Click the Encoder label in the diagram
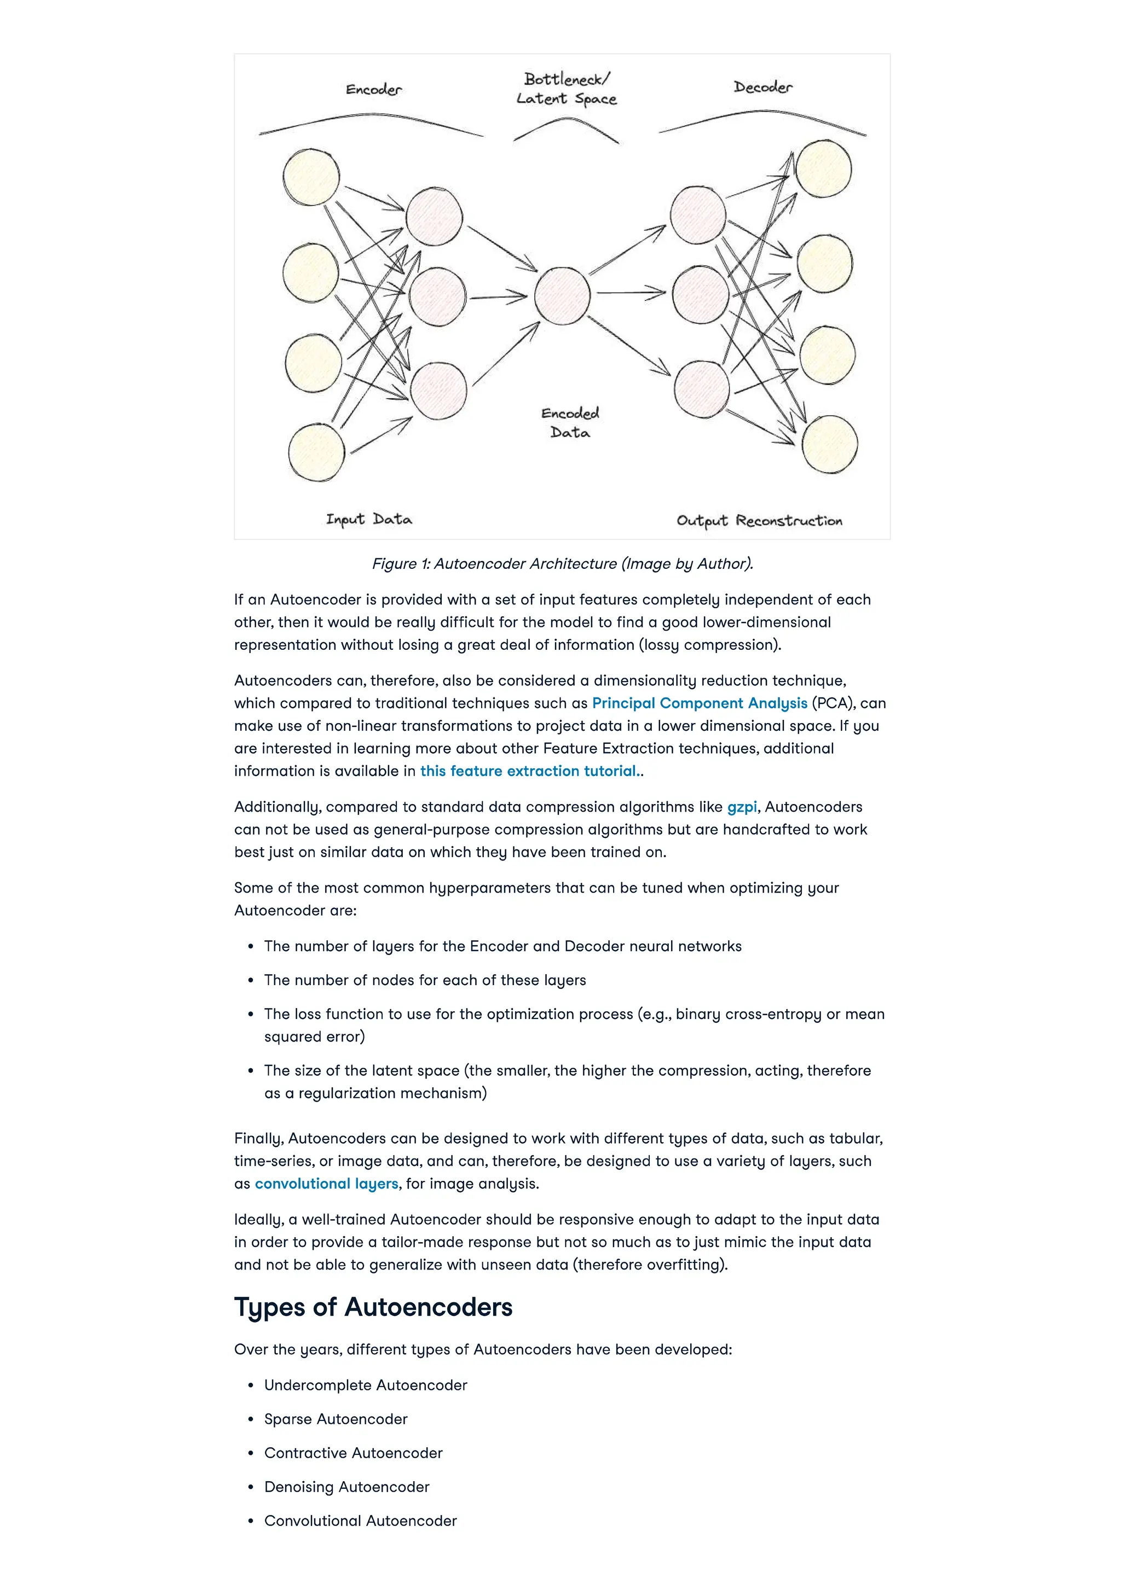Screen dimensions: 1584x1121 [x=373, y=90]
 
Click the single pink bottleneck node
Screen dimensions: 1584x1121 [x=562, y=296]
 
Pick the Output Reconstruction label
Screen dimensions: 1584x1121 [x=759, y=521]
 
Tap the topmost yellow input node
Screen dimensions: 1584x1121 [x=311, y=177]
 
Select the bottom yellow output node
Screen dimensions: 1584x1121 [x=830, y=445]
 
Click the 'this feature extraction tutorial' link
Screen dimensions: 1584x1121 [x=529, y=771]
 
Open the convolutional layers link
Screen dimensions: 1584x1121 [x=326, y=1183]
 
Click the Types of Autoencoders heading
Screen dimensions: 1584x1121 [x=373, y=1307]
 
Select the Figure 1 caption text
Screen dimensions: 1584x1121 [x=563, y=564]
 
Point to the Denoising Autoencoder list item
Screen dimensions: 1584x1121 [x=346, y=1487]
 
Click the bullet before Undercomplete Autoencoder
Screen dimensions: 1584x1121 [x=251, y=1385]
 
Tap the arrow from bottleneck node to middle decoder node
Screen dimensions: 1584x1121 [x=629, y=293]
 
